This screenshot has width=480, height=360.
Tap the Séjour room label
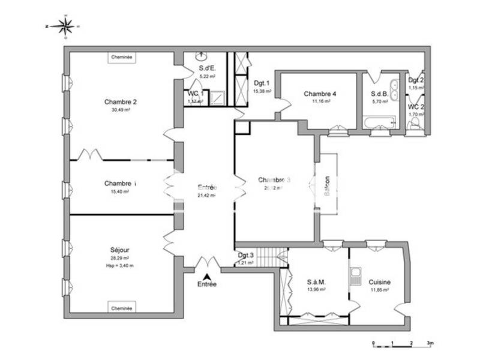[x=120, y=250]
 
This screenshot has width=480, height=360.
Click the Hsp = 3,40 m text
[x=120, y=265]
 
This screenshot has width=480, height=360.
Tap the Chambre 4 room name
[x=320, y=94]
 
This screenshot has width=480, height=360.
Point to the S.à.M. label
[x=316, y=281]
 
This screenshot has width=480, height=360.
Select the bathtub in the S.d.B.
[x=380, y=123]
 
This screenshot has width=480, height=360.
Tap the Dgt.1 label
[x=262, y=83]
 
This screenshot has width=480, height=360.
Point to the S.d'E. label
[x=208, y=68]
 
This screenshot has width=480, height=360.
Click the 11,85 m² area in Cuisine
[x=379, y=290]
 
